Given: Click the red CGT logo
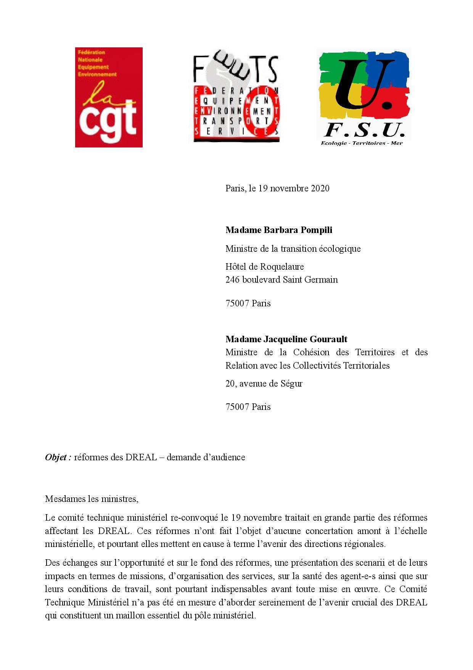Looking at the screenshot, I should tap(109, 97).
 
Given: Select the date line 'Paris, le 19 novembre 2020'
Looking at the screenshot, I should tap(277, 188).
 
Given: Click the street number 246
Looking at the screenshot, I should tap(232, 280).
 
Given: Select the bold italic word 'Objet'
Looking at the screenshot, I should tap(56, 457).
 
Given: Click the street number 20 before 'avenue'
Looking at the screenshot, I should tap(230, 384).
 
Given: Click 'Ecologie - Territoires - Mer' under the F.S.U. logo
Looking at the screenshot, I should tap(361, 143).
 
